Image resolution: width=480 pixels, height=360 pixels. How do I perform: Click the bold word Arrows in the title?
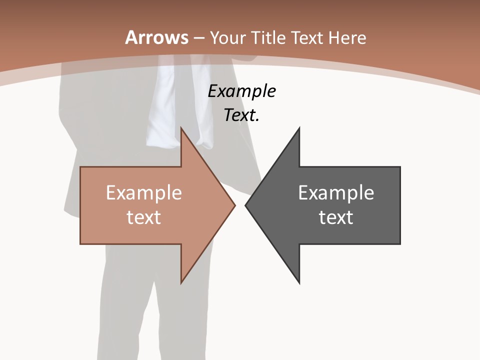(x=157, y=37)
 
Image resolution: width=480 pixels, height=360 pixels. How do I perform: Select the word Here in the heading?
(x=347, y=38)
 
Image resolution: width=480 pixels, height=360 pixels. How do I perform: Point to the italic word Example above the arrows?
(x=242, y=91)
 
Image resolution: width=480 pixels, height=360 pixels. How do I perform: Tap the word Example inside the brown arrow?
(x=144, y=193)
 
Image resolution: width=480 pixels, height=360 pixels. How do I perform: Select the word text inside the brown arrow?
(x=144, y=217)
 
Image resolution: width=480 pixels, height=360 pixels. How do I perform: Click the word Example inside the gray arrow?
(x=336, y=193)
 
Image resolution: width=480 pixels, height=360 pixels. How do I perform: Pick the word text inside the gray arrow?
(x=336, y=217)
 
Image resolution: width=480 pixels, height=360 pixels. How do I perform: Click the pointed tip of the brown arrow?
(x=234, y=205)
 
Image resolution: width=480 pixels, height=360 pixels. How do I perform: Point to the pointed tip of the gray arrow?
(x=245, y=205)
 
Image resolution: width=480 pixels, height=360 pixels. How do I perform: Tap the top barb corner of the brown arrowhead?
(x=181, y=128)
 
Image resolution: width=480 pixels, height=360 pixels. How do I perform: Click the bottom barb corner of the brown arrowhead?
(x=181, y=282)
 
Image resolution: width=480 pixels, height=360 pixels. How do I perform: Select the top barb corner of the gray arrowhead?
(x=299, y=128)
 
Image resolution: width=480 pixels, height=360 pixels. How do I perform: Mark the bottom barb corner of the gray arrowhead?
(x=299, y=282)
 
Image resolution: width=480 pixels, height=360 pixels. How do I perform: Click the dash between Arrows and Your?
(x=198, y=38)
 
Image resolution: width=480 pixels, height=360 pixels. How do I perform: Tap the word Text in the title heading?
(x=308, y=38)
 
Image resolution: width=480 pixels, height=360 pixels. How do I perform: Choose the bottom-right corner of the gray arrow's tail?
(x=400, y=243)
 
